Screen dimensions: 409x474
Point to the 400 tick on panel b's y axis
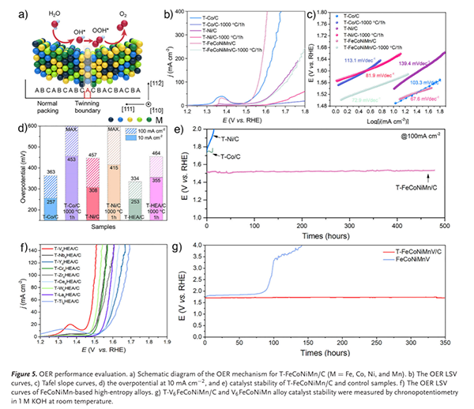181,11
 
